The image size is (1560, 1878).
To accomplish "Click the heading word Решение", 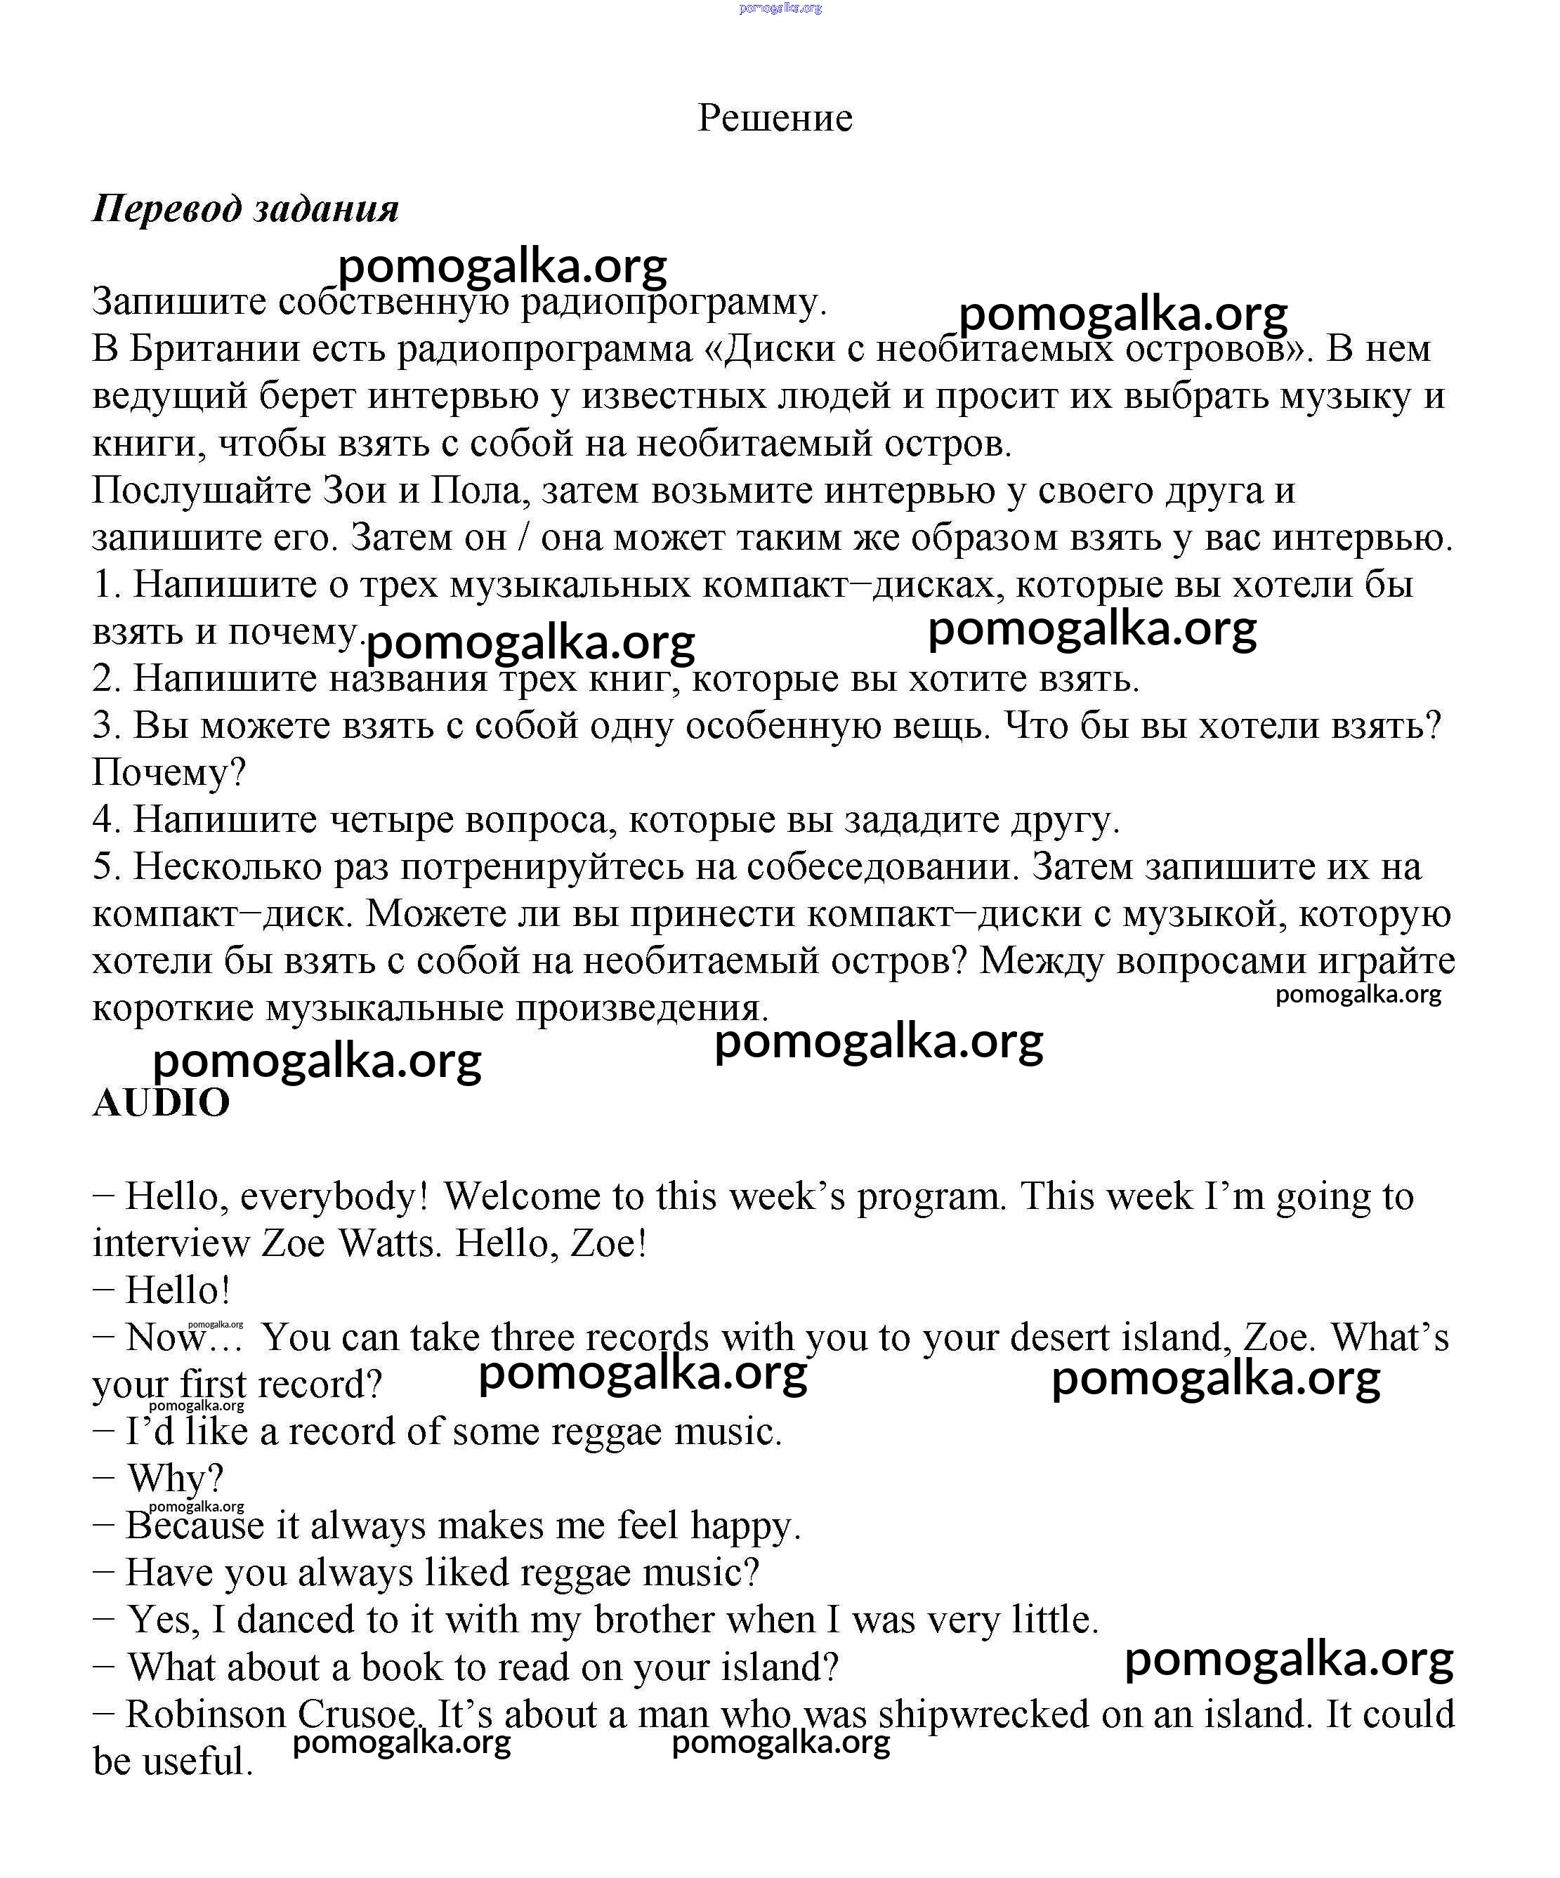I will point(775,118).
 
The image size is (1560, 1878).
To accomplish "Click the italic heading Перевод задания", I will point(246,209).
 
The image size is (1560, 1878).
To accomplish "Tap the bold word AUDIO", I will point(161,1103).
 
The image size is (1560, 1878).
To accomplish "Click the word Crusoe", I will point(356,1714).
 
